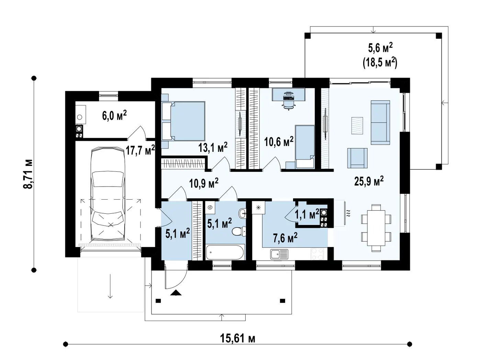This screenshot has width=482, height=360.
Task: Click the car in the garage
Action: [108, 194]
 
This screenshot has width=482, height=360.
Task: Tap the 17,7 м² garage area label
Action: [140, 150]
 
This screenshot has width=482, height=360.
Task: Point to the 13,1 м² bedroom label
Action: [213, 147]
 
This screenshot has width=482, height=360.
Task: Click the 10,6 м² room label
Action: [279, 142]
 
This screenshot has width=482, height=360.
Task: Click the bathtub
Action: [225, 252]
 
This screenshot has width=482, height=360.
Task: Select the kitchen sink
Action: [279, 255]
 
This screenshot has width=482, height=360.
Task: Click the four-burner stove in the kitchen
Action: [317, 254]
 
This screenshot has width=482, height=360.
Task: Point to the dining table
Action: [376, 228]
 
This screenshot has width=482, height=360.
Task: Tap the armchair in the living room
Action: [357, 158]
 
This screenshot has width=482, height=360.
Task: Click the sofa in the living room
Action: [380, 123]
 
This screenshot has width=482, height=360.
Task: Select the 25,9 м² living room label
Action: [369, 181]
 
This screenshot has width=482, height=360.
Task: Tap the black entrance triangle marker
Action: [176, 293]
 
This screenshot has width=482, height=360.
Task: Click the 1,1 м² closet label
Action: [307, 214]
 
